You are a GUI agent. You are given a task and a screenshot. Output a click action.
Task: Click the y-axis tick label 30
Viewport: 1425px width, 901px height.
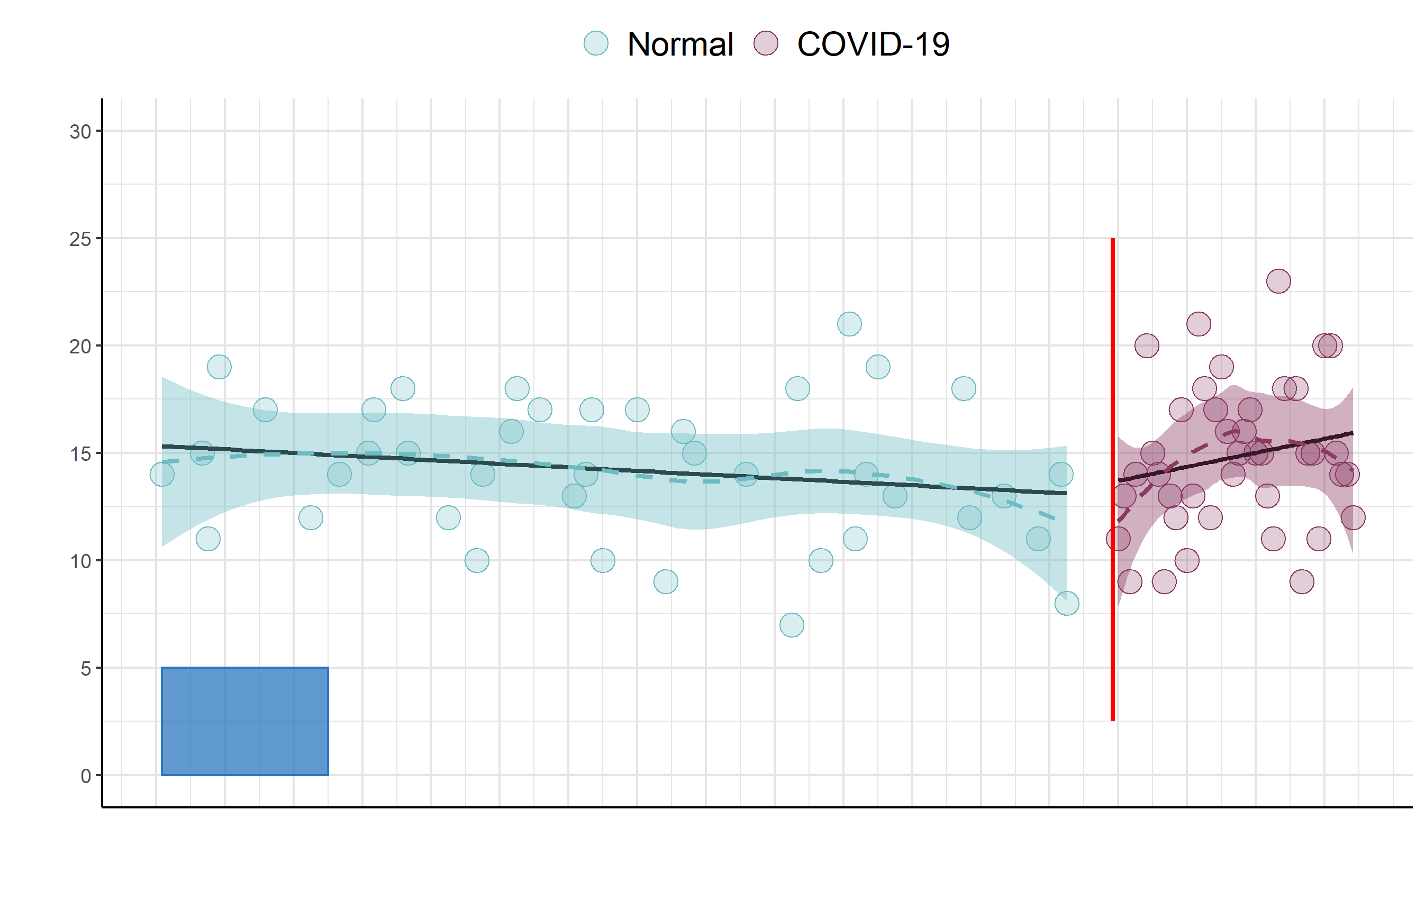tap(80, 132)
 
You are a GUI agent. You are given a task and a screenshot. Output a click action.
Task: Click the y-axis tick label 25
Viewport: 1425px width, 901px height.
tap(80, 239)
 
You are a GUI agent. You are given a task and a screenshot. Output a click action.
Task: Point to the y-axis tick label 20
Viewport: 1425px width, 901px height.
tap(80, 347)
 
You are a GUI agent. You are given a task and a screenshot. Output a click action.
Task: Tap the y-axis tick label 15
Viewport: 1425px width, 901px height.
tap(80, 454)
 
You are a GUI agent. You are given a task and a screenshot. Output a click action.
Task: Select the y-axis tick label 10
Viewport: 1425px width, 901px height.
tap(80, 561)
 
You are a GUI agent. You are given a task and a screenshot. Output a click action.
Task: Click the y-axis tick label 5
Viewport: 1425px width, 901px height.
tap(86, 669)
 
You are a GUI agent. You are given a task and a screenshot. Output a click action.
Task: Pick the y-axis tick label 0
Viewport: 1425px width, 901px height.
tap(86, 776)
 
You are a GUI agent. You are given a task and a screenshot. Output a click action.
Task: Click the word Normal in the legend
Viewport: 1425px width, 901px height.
tap(680, 44)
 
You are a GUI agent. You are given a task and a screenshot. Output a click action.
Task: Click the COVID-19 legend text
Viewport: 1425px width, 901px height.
tap(873, 44)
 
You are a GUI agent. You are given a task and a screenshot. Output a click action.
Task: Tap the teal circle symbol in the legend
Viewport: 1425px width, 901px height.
tap(596, 43)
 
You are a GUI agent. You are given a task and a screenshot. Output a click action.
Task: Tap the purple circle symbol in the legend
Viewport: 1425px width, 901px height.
tap(766, 43)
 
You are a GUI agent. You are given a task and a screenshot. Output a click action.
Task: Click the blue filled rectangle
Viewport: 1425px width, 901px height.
tap(244, 721)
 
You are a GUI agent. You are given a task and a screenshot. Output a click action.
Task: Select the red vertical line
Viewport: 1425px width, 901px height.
tap(1113, 479)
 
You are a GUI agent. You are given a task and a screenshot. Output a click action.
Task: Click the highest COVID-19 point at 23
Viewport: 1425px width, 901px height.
tap(1278, 281)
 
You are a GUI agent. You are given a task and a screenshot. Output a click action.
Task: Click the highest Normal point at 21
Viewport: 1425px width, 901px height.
tap(849, 324)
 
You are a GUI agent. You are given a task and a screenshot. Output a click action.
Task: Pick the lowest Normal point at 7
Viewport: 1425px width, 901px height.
tap(792, 625)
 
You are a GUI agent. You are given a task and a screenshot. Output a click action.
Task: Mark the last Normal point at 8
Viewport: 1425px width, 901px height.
tap(1066, 604)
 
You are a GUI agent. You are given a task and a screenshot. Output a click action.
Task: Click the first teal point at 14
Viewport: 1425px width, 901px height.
tap(162, 475)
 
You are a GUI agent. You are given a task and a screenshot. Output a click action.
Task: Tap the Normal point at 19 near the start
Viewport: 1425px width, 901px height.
tap(219, 367)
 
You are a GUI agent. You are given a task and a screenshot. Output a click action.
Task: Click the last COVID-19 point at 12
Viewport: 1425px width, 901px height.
tap(1353, 517)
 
